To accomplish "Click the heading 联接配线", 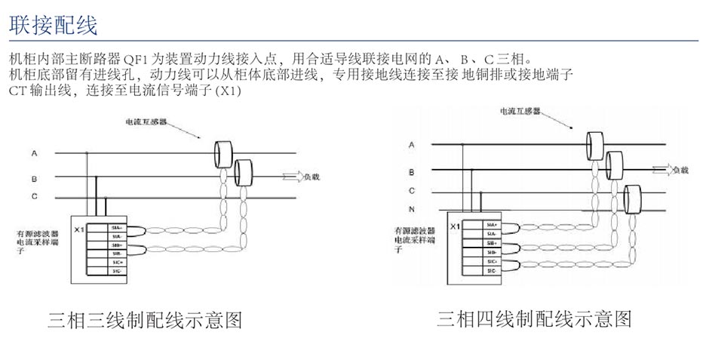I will (x=53, y=25).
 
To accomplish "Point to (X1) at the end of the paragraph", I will (x=227, y=91).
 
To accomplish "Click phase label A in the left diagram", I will (x=34, y=153).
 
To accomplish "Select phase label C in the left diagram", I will (x=34, y=196).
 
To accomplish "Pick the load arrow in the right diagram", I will (x=661, y=169).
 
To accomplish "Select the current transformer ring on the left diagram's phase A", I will (x=223, y=153).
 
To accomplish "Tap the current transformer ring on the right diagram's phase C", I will (x=632, y=199).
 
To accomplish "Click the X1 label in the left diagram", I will (x=78, y=227).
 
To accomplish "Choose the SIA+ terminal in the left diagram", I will (x=117, y=226).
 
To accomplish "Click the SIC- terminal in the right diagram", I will (x=491, y=270).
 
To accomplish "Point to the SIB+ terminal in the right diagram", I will (x=491, y=243).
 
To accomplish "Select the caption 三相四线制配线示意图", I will (x=534, y=318).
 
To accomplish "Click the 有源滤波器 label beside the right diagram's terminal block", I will (x=414, y=229).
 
